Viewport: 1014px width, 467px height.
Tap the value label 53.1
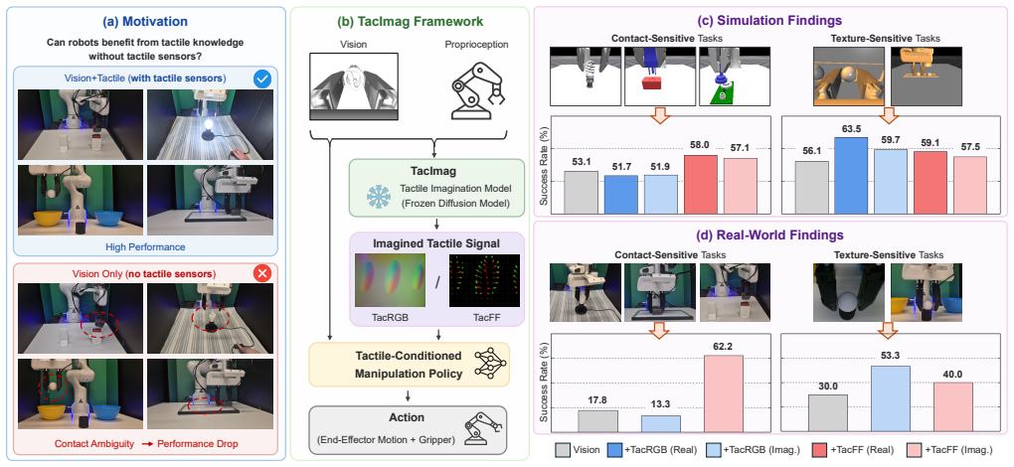(581, 160)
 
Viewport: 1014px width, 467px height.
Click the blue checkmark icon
(262, 78)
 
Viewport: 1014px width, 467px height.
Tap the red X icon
(261, 274)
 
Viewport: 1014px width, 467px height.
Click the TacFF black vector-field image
(484, 279)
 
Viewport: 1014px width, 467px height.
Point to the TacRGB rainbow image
(390, 279)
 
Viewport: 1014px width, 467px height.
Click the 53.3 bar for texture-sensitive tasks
(891, 398)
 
